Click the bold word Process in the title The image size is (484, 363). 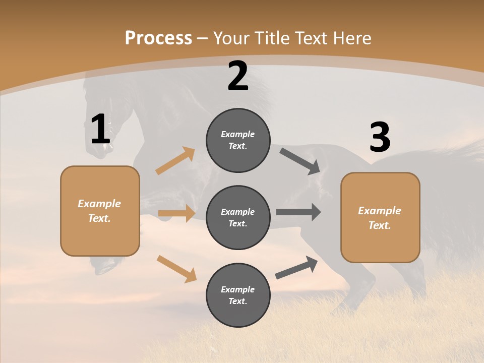158,38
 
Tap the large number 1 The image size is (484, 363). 100,130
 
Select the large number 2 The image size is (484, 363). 238,77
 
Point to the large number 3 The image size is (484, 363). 380,138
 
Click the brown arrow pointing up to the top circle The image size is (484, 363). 175,161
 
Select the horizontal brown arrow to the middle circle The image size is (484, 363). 176,213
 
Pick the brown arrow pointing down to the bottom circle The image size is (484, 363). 176,269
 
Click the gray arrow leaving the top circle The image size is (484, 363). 300,161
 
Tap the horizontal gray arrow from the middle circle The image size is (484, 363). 298,212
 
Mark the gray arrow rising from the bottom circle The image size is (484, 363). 296,268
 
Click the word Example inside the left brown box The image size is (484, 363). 99,204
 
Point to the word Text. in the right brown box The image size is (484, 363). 380,225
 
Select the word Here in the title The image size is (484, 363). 352,38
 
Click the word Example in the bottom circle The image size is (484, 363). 238,289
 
